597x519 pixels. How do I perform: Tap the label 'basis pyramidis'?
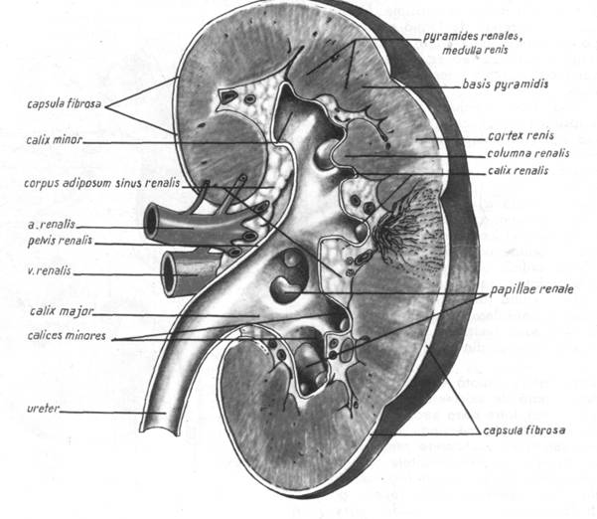[506, 84]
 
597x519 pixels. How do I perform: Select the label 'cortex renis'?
[521, 136]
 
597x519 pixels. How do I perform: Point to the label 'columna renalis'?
[528, 153]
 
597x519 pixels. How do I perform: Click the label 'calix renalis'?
[518, 170]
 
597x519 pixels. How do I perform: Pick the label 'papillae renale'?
[531, 289]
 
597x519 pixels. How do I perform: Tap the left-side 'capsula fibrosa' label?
[64, 103]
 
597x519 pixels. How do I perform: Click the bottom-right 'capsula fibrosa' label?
[523, 431]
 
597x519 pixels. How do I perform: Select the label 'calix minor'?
[55, 140]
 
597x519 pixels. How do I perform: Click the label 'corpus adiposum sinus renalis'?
[101, 183]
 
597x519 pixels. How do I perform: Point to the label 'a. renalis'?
[52, 225]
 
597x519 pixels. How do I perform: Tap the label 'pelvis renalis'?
[60, 242]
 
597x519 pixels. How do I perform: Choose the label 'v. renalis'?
[49, 270]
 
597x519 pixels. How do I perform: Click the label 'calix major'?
[62, 312]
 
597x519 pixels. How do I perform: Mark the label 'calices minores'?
[67, 336]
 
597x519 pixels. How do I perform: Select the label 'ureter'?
[44, 409]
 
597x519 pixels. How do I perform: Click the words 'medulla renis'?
[475, 50]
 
